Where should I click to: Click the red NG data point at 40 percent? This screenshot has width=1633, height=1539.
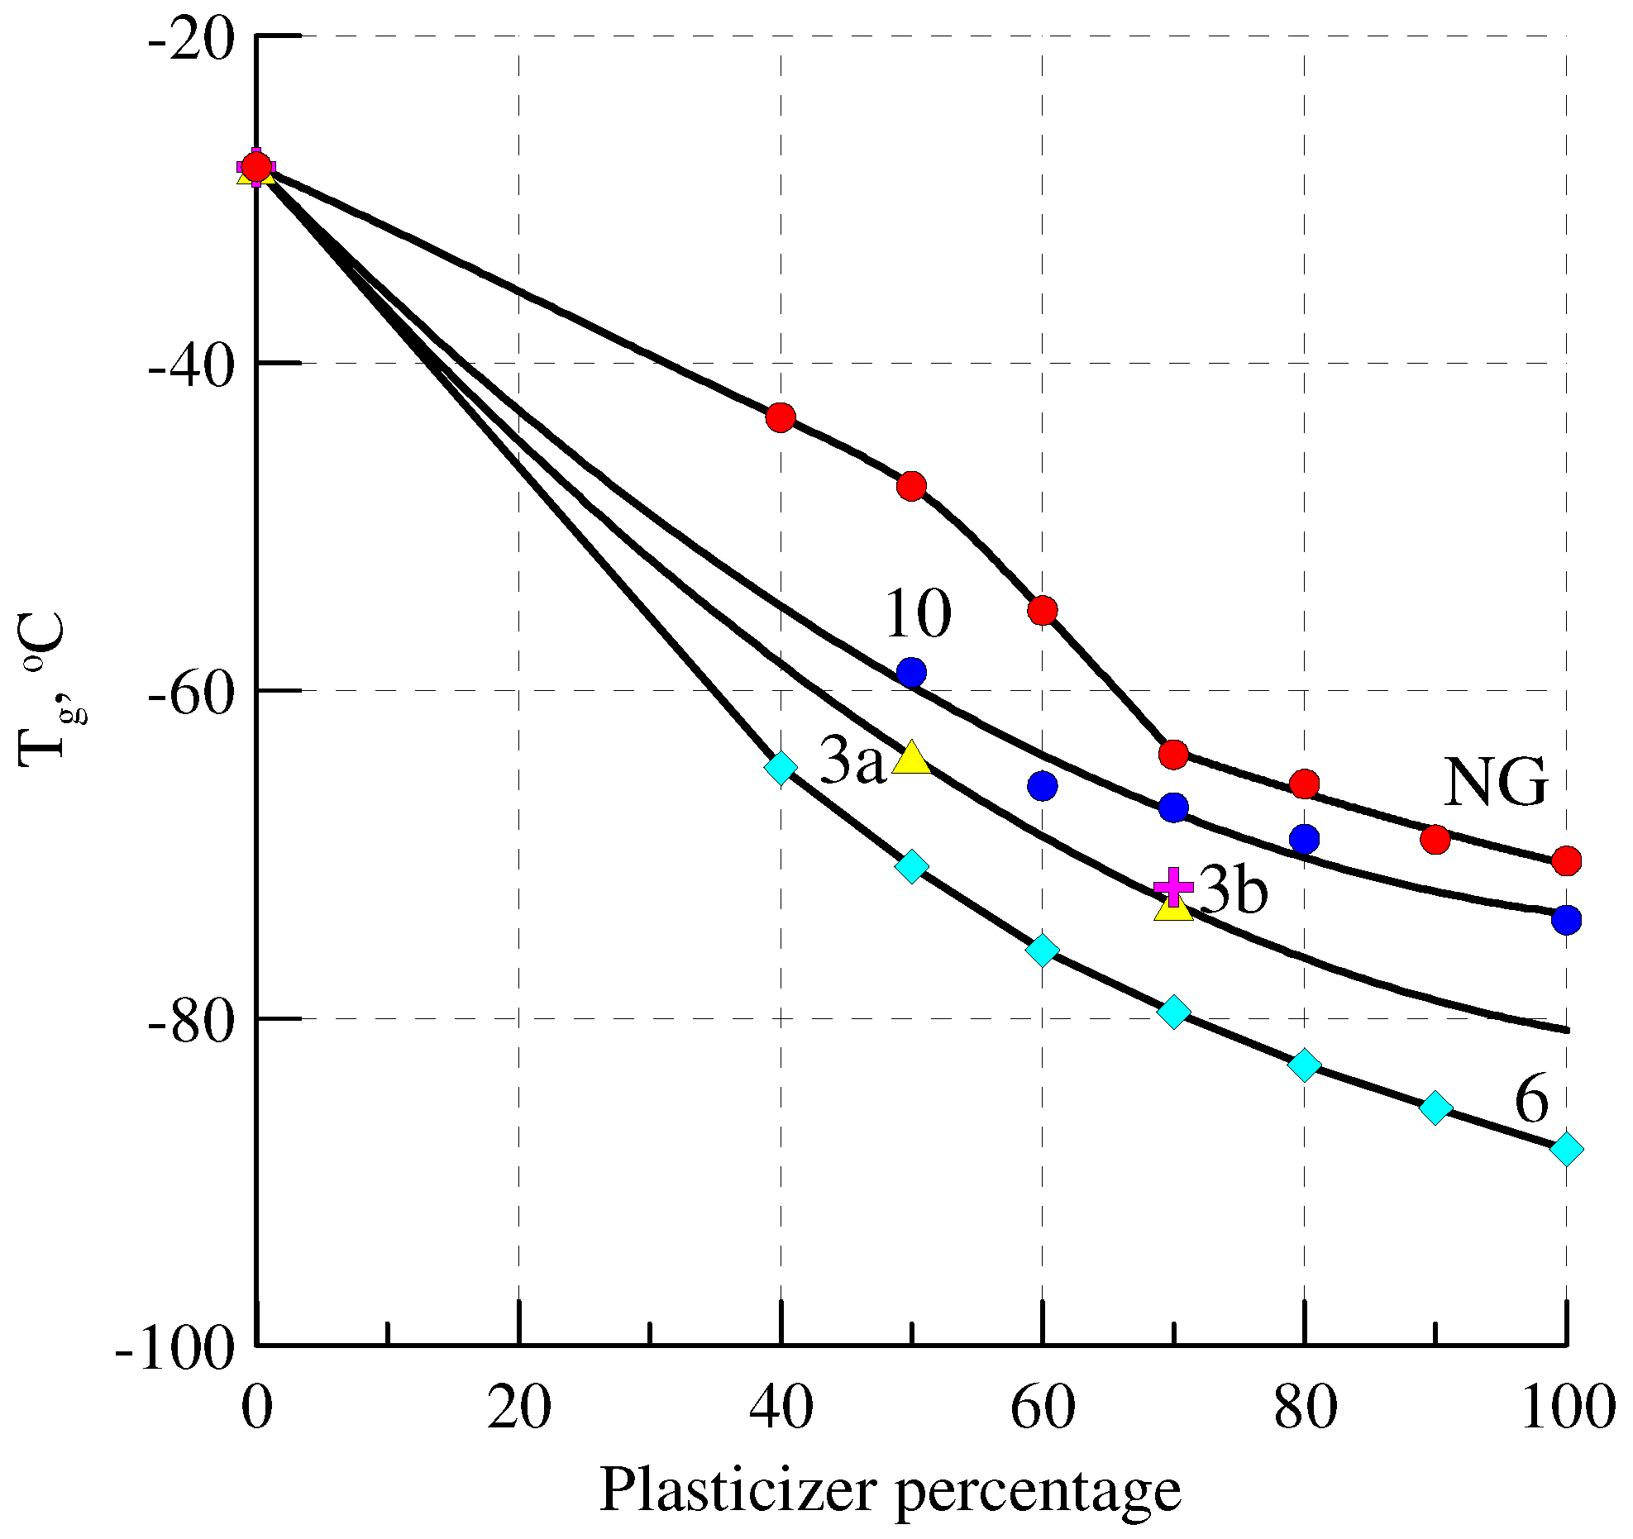point(781,417)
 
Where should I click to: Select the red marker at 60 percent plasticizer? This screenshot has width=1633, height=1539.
point(1043,610)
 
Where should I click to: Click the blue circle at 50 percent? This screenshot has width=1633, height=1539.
point(911,673)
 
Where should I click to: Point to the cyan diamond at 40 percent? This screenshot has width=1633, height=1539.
point(781,767)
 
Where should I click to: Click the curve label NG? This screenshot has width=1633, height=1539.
point(1495,783)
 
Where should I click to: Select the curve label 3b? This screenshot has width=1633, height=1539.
point(1233,891)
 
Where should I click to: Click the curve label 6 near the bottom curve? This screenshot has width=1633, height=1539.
point(1531,1102)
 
